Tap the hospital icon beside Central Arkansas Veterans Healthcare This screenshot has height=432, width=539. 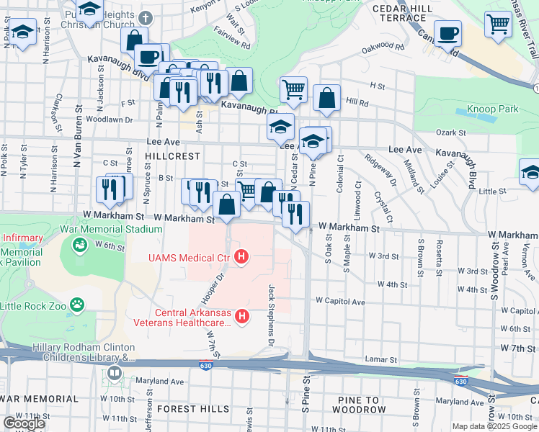(243, 315)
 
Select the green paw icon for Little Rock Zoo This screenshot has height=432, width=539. (79, 305)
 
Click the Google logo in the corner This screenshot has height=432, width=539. (24, 423)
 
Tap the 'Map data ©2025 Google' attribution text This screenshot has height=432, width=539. (494, 426)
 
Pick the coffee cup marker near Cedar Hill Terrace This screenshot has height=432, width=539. (447, 32)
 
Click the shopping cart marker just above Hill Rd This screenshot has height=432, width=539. (293, 90)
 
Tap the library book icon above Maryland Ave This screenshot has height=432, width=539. (115, 374)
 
